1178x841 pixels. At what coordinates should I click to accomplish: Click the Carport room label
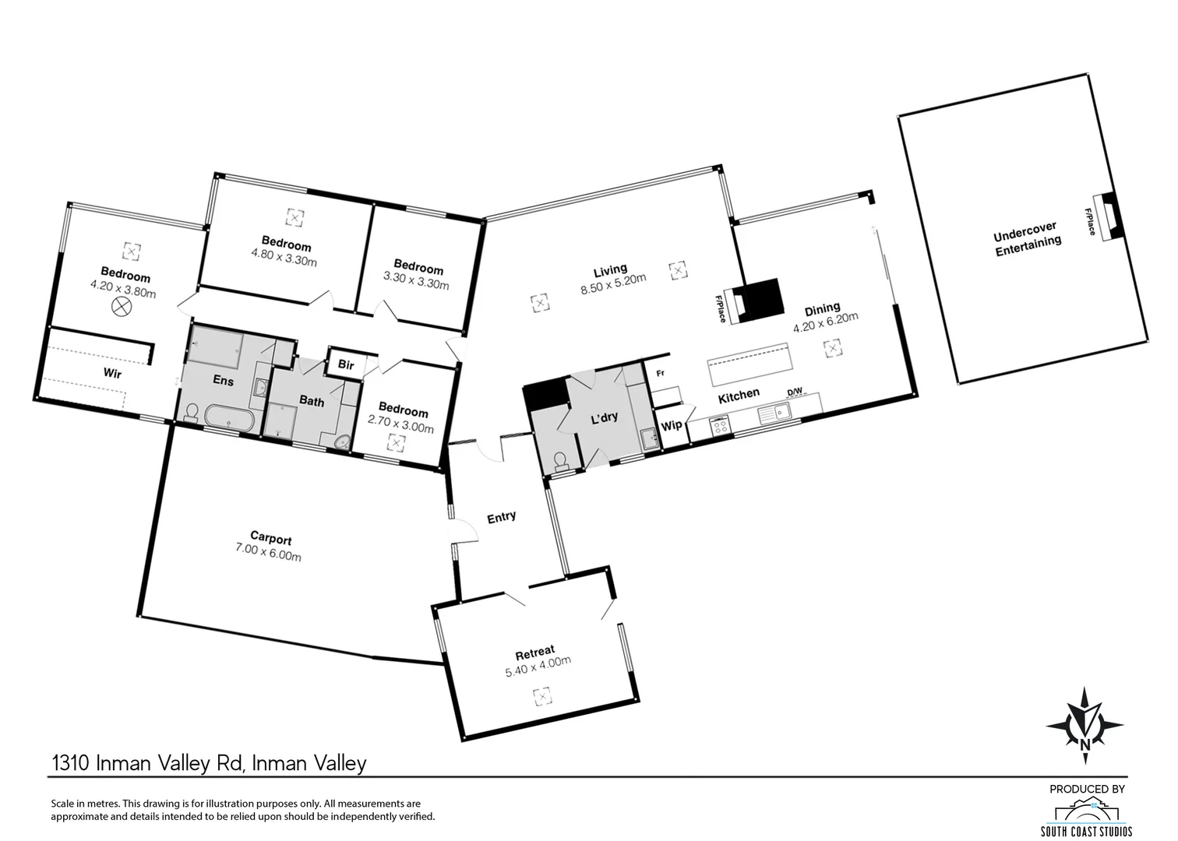(x=271, y=538)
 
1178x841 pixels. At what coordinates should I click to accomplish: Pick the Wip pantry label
(x=671, y=426)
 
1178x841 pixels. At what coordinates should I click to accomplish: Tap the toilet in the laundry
(x=559, y=462)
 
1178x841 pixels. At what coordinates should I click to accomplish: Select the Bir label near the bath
(x=346, y=364)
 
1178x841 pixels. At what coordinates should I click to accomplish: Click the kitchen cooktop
(x=719, y=425)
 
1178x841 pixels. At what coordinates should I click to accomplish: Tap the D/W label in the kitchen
(x=794, y=392)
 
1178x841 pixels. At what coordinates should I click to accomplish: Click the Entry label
(x=501, y=516)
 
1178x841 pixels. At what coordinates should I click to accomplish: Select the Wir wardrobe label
(x=112, y=374)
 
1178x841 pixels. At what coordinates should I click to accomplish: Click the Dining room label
(x=822, y=309)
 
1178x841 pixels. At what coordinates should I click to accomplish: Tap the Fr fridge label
(x=660, y=374)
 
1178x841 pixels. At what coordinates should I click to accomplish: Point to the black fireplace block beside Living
(x=760, y=298)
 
